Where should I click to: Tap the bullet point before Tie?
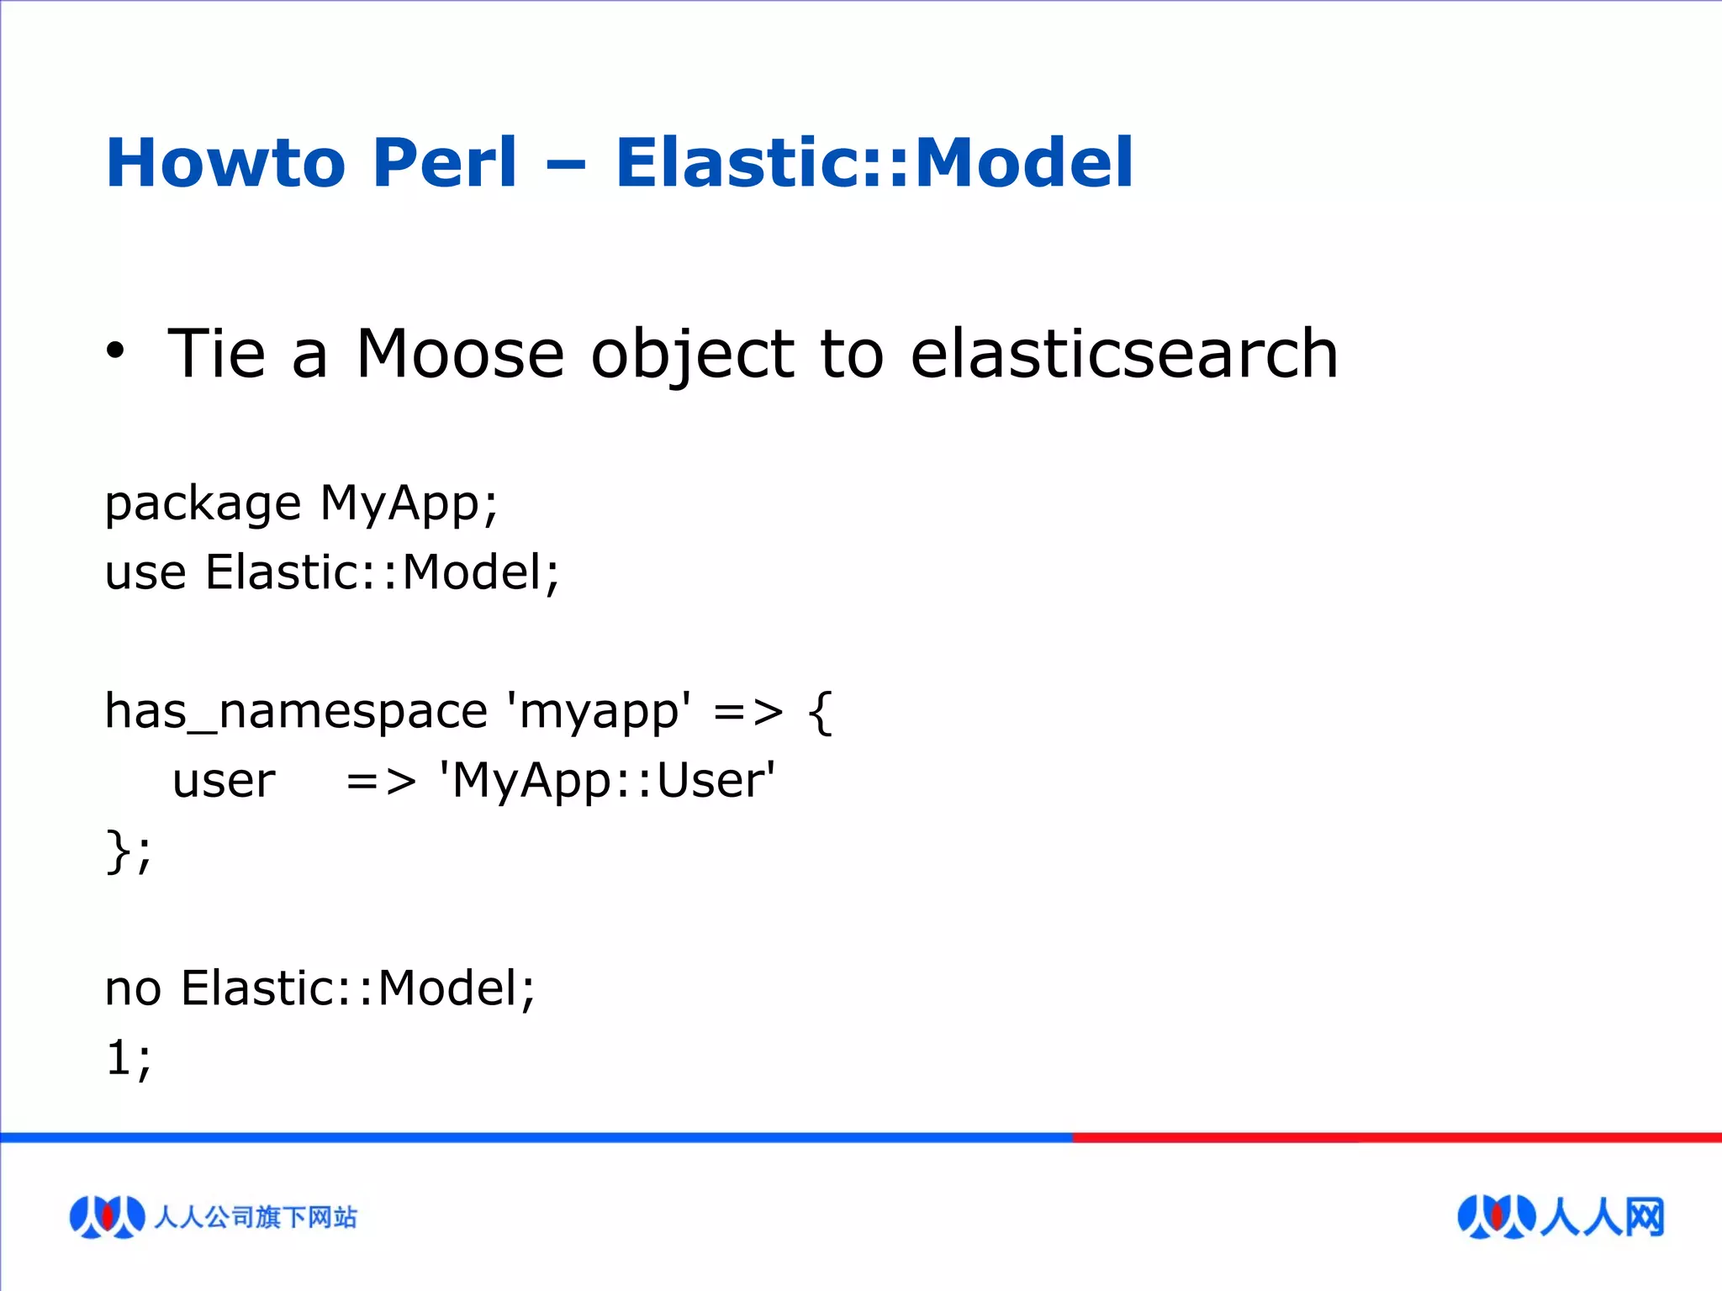click(115, 351)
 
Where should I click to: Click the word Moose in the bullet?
click(459, 354)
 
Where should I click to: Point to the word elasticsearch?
click(1123, 354)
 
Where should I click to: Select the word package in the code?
click(203, 504)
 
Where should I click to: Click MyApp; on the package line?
click(409, 504)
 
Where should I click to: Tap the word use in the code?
click(145, 574)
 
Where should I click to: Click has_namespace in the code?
click(295, 712)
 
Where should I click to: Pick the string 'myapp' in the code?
click(599, 712)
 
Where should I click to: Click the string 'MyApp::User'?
click(606, 781)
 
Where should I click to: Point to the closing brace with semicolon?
click(128, 851)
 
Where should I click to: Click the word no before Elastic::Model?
click(133, 988)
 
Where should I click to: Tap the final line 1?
click(128, 1057)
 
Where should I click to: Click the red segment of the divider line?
click(1396, 1137)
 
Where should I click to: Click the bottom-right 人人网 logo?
click(1561, 1216)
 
